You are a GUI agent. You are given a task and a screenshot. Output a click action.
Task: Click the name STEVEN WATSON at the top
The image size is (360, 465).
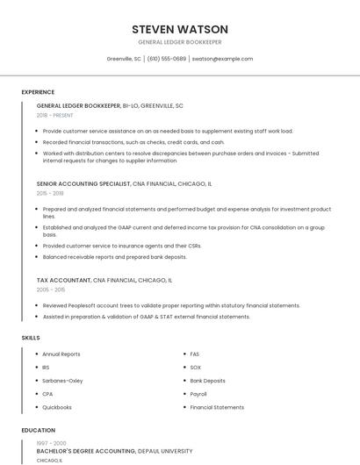179,29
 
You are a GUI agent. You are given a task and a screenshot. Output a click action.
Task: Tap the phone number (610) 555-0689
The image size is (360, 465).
167,59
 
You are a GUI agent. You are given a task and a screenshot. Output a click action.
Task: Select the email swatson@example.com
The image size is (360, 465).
222,59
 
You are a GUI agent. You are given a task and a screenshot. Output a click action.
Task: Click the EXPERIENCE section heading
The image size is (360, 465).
38,92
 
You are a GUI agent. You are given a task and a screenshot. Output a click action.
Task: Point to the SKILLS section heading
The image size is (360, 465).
30,337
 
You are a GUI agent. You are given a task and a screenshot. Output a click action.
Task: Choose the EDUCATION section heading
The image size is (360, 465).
38,431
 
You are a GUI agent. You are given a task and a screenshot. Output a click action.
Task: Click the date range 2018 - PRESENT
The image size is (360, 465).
56,115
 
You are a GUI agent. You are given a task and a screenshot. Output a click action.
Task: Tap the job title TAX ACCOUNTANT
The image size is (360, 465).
63,280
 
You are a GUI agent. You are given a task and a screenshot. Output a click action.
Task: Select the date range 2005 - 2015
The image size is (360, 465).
51,289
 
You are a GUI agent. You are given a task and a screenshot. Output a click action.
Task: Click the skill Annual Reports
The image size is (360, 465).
61,354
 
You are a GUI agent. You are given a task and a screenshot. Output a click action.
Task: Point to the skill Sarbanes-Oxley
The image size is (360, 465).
62,381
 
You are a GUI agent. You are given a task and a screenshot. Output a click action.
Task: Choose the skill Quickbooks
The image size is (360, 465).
57,407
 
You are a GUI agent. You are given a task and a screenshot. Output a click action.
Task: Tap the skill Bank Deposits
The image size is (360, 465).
207,381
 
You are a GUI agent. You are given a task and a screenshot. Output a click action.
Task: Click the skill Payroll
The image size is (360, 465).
198,394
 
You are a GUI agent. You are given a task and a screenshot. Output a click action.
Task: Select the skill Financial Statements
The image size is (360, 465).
217,407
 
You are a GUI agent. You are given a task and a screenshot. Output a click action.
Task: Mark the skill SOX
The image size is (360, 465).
195,368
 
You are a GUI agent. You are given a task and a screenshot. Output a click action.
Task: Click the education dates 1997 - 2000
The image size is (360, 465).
50,443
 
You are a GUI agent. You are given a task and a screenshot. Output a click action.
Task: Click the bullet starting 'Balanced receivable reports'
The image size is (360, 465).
114,257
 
